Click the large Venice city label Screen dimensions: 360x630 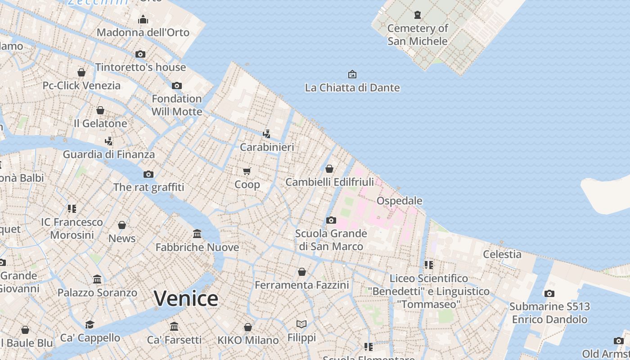(x=186, y=299)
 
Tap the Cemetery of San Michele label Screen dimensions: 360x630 (x=418, y=35)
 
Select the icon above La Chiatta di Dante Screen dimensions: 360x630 (x=352, y=74)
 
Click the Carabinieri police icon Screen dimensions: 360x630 (x=267, y=134)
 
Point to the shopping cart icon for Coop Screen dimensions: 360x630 (x=247, y=171)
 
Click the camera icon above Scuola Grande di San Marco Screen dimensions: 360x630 (x=331, y=220)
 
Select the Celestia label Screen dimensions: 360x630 (x=502, y=254)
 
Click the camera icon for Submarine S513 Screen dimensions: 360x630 (x=549, y=293)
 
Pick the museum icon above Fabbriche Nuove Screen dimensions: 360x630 (x=197, y=234)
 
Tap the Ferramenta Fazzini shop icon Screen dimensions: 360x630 (x=302, y=272)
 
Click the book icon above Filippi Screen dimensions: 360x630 (x=301, y=324)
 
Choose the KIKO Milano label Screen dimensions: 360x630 (x=248, y=340)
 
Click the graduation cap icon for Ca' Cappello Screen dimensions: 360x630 (x=90, y=324)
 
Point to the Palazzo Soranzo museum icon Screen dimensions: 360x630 (x=97, y=279)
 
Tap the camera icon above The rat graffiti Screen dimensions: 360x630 (x=148, y=174)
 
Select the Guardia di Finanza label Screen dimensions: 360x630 (x=108, y=154)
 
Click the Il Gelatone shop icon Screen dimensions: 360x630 (x=100, y=110)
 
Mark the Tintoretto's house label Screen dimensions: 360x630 (x=140, y=67)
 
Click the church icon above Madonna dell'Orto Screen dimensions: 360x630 (x=143, y=19)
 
